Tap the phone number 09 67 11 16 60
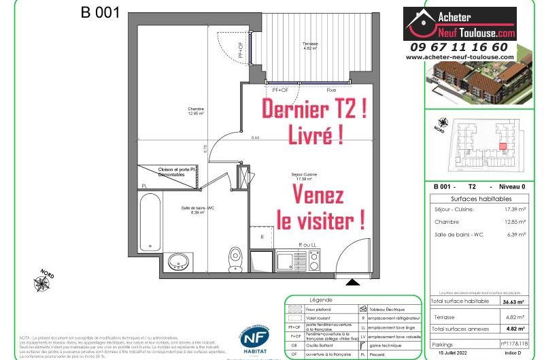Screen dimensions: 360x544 point(468,47)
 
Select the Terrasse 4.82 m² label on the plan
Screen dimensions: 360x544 point(310,47)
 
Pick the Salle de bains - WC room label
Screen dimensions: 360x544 point(192,210)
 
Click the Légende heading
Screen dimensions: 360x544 point(321,299)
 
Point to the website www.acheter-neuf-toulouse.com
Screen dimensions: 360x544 point(469,57)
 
